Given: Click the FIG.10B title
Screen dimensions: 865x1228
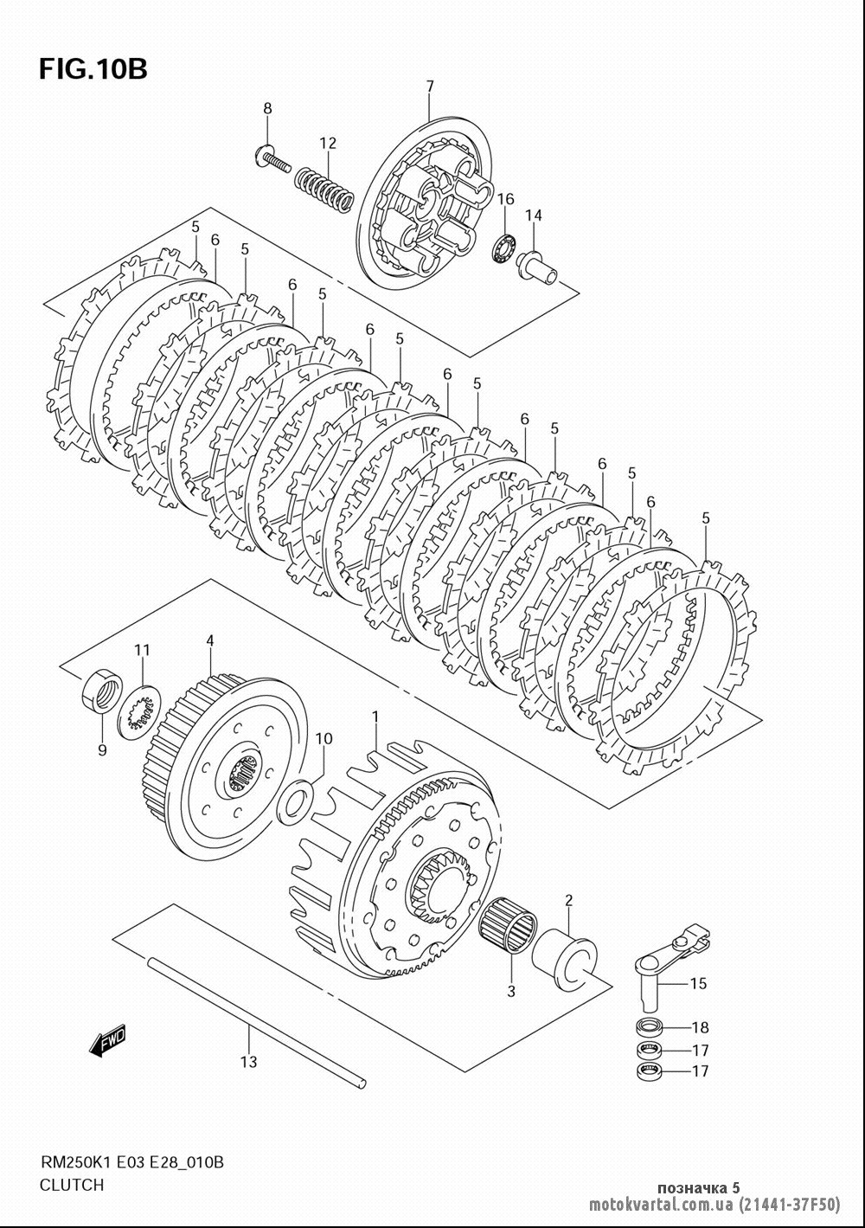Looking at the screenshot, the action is pos(93,70).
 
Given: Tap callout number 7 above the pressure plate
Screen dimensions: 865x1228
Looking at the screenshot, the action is pos(430,86).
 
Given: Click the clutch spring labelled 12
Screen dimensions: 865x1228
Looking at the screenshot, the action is pos(324,190).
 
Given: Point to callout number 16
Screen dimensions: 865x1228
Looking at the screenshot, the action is pos(506,198).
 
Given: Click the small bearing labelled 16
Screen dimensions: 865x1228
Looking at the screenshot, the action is pos(503,244).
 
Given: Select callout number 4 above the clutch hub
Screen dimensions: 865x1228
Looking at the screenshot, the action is pos(210,640).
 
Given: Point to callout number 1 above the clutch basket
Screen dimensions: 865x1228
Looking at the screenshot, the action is pos(375,716).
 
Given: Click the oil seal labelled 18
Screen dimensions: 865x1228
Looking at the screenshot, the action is pos(650,1025).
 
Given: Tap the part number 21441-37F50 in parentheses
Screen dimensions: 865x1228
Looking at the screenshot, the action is pos(788,1204).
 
